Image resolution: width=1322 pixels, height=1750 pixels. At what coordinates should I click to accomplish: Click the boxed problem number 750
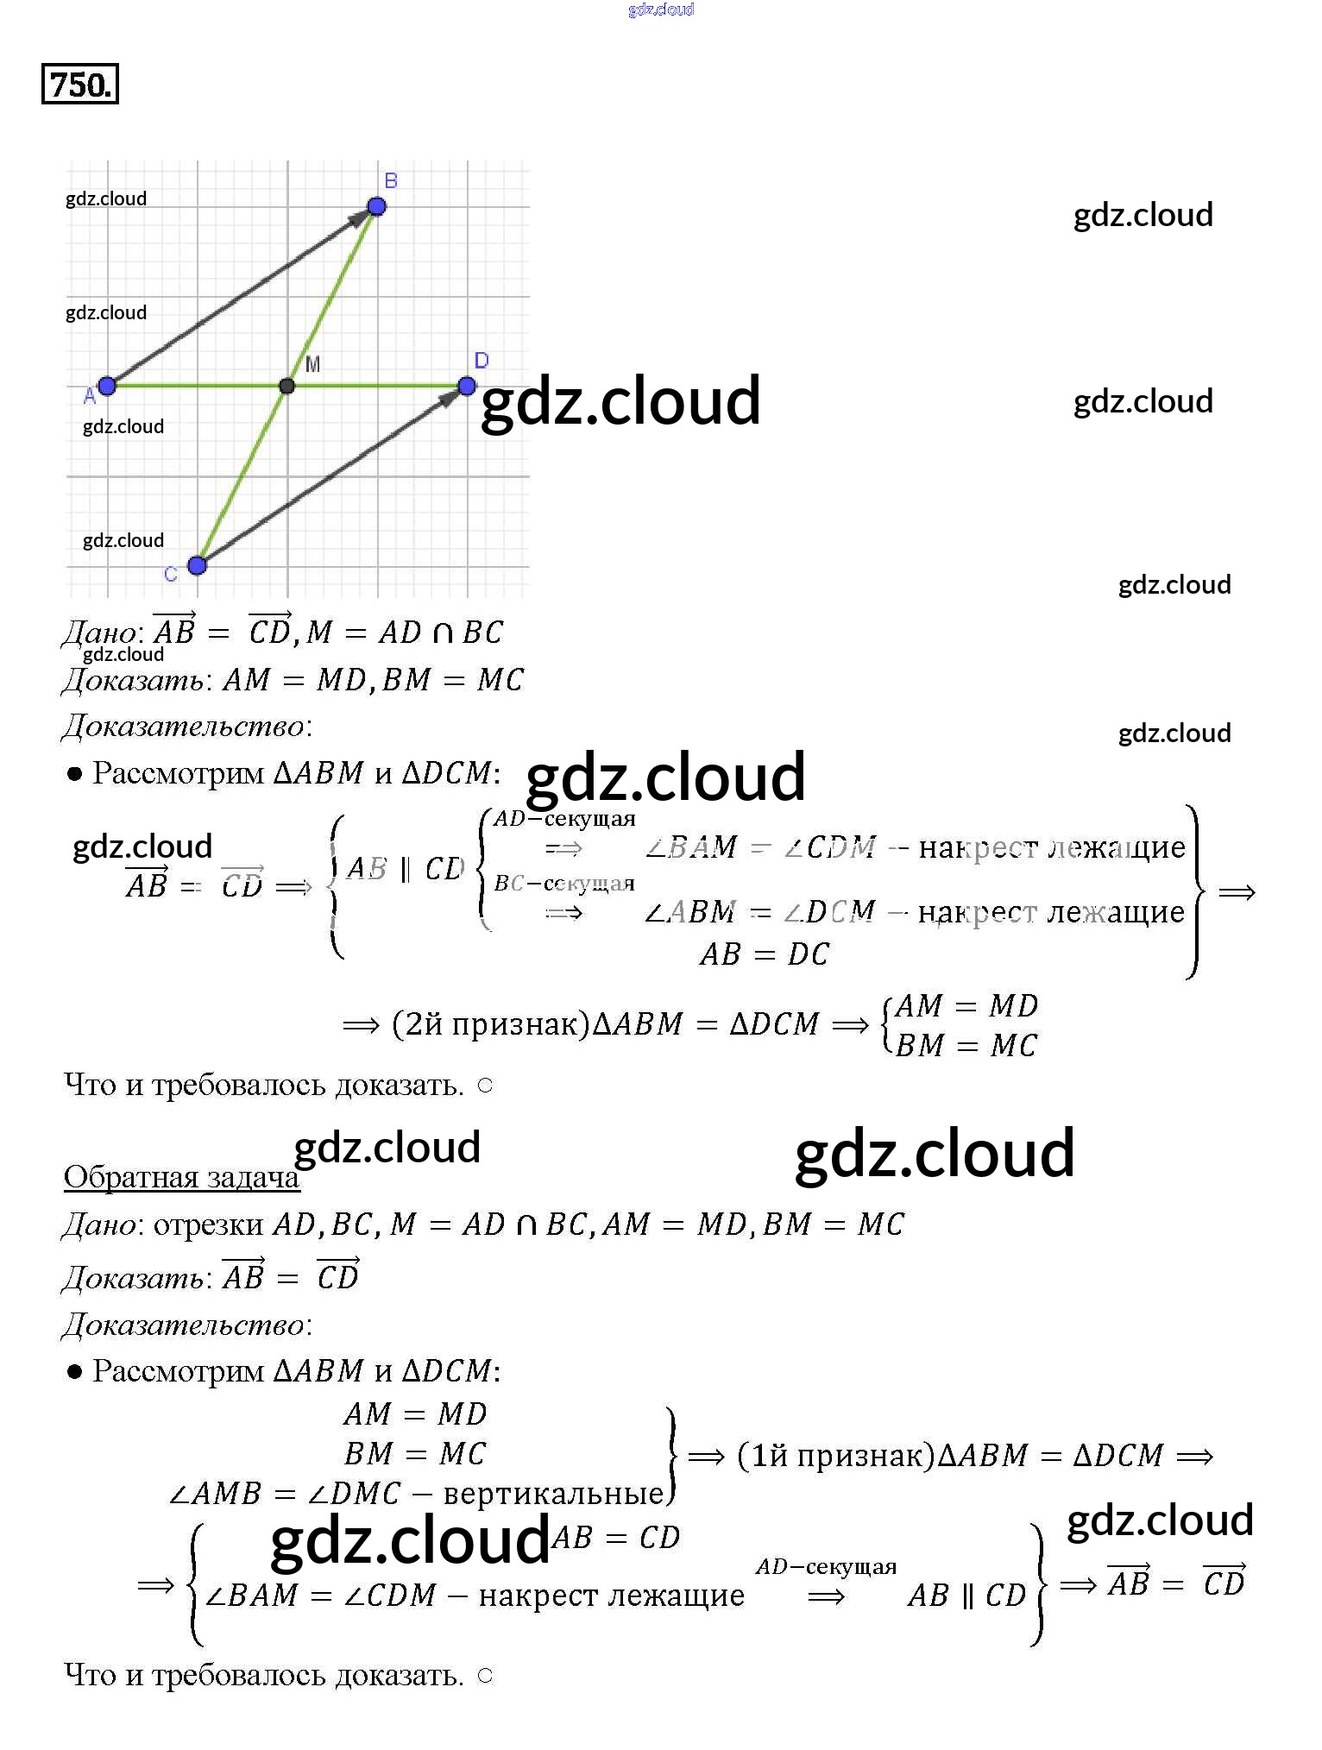pos(79,85)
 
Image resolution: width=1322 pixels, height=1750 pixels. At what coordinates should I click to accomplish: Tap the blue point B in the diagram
pos(376,205)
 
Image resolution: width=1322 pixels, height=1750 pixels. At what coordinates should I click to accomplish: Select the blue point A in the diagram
pos(107,386)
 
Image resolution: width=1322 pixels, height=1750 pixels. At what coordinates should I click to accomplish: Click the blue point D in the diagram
pos(467,386)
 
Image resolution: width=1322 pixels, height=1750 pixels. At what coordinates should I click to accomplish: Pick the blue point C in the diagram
pos(197,565)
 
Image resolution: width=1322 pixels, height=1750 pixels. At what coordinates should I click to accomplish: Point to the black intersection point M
pos(287,386)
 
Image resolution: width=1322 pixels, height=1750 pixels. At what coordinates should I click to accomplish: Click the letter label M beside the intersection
pos(312,364)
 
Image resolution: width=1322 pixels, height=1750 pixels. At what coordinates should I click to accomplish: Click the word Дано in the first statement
pos(99,633)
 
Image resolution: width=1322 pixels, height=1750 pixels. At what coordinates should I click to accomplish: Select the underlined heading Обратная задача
pos(181,1177)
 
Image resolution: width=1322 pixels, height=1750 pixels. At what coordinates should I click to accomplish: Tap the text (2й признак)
pos(490,1024)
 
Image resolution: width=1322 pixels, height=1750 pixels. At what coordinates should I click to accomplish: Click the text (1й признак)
pos(835,1456)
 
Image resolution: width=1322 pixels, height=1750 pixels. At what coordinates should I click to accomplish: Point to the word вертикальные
pos(553,1494)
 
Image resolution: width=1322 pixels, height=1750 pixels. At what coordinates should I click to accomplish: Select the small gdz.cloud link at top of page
pos(661,9)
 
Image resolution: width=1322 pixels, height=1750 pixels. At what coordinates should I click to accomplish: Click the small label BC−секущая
pos(564,884)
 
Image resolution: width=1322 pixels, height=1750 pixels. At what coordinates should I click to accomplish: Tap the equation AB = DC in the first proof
pos(764,954)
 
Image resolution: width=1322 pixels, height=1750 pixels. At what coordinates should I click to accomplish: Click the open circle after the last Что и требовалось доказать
pos(485,1676)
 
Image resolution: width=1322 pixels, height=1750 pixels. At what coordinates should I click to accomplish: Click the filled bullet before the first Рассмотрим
pos(75,774)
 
